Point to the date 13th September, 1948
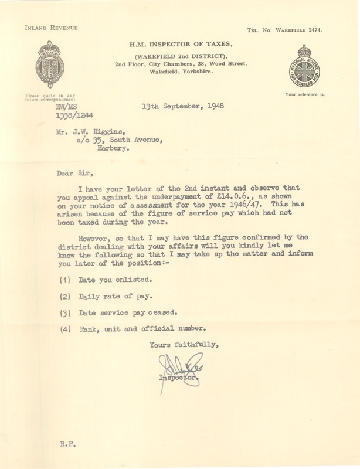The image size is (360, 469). point(182,107)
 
